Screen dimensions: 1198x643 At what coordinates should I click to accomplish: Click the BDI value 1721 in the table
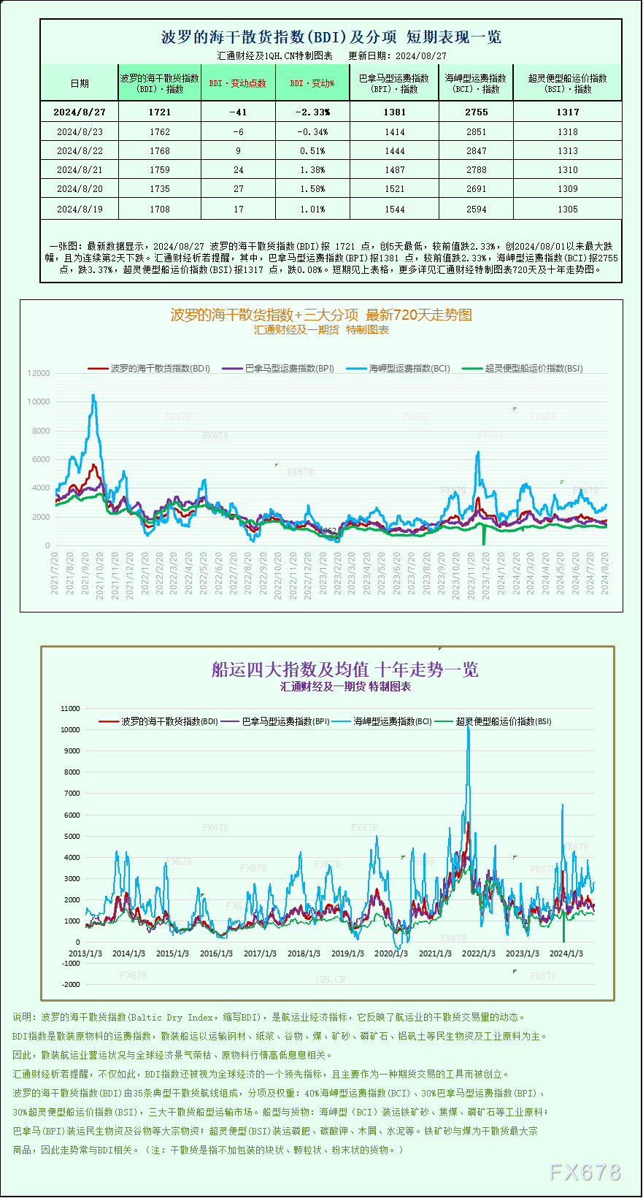(159, 112)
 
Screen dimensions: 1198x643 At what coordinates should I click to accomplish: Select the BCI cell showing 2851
(476, 132)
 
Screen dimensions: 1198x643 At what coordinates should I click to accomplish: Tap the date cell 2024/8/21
(80, 170)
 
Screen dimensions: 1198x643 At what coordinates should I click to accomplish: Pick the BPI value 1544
(394, 210)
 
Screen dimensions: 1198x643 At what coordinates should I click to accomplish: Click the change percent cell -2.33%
(312, 112)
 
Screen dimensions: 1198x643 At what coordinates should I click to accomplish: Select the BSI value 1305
(567, 210)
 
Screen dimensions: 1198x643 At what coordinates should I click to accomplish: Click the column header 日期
(80, 83)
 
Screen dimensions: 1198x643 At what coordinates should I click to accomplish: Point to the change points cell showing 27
(238, 189)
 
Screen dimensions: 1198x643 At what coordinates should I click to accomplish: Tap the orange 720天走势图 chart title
(321, 315)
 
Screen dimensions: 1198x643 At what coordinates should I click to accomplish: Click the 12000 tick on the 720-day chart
(39, 373)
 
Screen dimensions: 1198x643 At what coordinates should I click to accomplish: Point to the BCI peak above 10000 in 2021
(93, 396)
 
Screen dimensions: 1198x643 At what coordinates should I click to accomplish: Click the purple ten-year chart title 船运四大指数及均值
(344, 669)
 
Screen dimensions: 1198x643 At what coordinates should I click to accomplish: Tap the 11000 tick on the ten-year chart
(70, 708)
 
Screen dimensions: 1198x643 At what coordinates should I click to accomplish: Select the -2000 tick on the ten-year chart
(71, 985)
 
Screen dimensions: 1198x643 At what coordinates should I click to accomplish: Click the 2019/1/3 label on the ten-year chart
(347, 953)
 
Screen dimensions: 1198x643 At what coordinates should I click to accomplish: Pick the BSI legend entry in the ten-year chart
(503, 721)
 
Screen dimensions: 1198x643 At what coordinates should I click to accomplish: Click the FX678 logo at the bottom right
(585, 1172)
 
